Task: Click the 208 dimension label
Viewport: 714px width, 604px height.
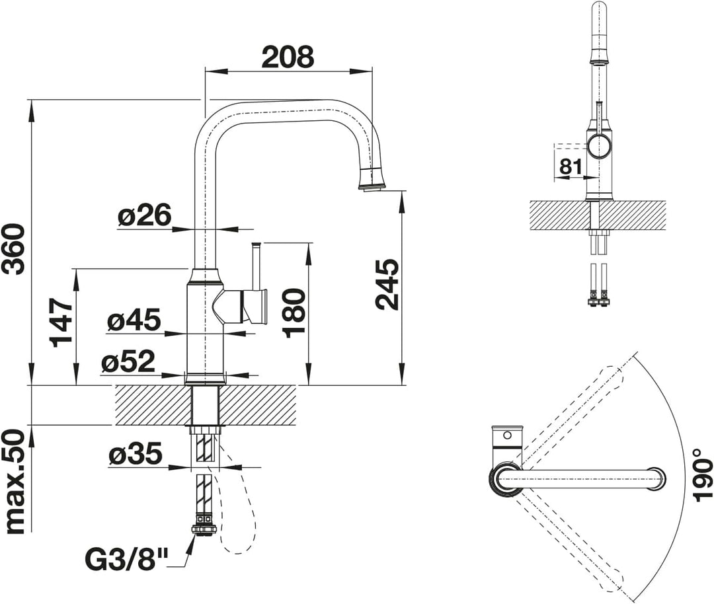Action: coord(289,57)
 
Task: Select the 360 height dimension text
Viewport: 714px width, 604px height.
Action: coord(13,248)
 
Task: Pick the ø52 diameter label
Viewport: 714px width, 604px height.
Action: coord(128,362)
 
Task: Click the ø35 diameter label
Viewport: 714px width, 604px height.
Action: coord(136,454)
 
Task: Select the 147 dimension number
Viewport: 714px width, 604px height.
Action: coord(62,322)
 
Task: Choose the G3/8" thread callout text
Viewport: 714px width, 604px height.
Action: coord(126,559)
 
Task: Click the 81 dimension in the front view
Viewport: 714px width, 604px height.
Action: coord(571,167)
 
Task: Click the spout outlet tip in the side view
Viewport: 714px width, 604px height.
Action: coord(372,186)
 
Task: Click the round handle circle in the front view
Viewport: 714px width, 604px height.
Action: coord(599,146)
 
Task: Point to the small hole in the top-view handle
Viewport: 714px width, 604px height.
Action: coord(507,435)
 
